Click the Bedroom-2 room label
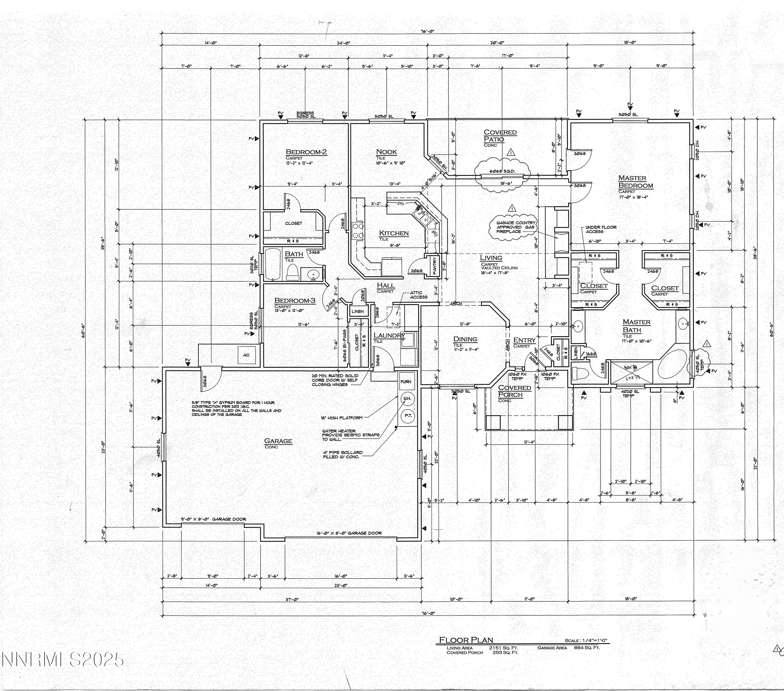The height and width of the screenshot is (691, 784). (x=306, y=152)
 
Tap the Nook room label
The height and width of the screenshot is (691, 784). (x=386, y=152)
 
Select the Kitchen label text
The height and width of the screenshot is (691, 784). (x=394, y=233)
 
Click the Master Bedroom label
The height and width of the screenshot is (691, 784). (x=635, y=182)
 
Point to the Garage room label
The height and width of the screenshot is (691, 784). (x=278, y=441)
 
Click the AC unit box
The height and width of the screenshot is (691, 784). (x=246, y=355)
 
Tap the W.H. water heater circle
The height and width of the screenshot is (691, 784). (x=406, y=399)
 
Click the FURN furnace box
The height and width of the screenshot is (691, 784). (x=406, y=381)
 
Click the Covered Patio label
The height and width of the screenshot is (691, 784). (x=500, y=136)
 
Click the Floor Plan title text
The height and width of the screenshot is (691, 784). (x=466, y=640)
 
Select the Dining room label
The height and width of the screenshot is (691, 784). (x=465, y=339)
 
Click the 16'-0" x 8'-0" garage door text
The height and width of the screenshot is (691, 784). (x=349, y=533)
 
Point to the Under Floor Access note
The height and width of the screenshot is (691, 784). (x=600, y=229)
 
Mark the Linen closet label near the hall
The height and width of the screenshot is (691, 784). (x=358, y=311)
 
